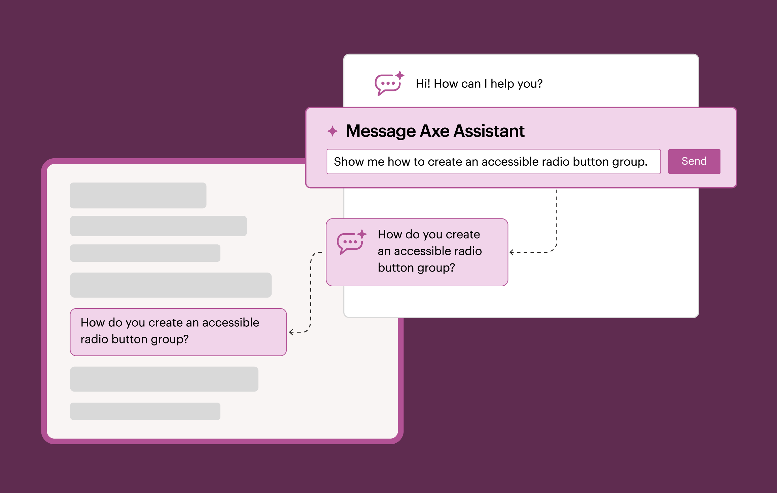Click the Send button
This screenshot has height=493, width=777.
[694, 161]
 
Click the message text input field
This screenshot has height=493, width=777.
[494, 161]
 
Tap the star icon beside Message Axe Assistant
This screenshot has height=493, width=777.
[332, 131]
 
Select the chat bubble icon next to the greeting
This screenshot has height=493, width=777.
[389, 83]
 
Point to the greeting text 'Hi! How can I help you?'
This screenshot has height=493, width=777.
[479, 84]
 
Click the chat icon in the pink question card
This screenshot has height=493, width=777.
[351, 242]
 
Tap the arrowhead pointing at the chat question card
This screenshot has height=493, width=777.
[511, 252]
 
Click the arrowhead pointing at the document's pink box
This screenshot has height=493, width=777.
[291, 332]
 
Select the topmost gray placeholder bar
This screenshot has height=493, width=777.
[138, 195]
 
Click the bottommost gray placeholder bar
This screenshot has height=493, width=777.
[145, 411]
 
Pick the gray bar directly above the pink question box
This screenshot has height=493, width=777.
[171, 285]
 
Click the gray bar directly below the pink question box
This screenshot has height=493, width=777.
[164, 379]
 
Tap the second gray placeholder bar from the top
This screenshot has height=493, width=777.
[158, 226]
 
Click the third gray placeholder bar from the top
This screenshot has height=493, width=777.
[145, 253]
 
